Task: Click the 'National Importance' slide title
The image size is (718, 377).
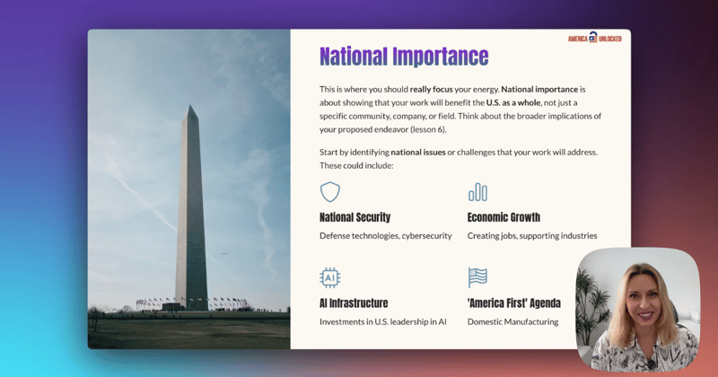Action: [x=404, y=57]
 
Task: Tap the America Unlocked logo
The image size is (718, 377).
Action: [x=596, y=39]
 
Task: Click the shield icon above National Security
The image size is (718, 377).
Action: [x=330, y=191]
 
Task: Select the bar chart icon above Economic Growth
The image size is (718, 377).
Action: [x=477, y=191]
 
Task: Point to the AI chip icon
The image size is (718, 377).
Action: [x=330, y=277]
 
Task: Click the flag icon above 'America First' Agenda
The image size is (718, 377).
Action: [x=477, y=277]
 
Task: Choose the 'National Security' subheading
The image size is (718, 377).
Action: [x=355, y=217]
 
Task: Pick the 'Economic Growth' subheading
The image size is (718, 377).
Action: [x=503, y=217]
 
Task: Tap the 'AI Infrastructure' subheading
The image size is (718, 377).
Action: [x=354, y=303]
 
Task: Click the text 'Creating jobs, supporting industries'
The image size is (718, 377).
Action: [x=532, y=236]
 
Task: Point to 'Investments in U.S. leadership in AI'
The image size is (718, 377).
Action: [x=383, y=321]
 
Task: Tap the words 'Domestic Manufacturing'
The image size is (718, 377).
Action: [x=512, y=321]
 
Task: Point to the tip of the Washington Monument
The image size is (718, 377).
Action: [x=190, y=106]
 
